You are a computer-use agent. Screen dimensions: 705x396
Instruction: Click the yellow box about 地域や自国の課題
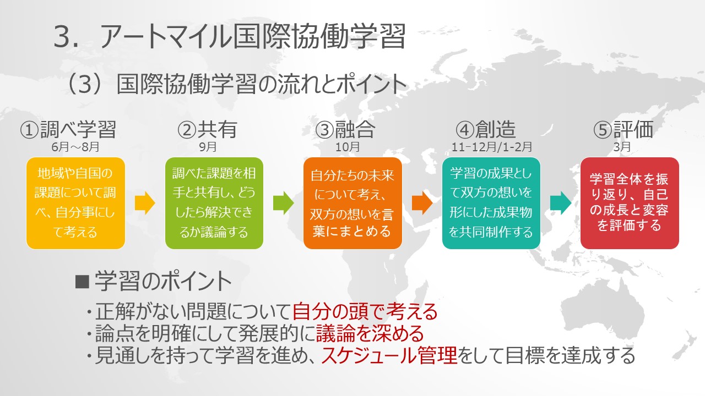(75, 203)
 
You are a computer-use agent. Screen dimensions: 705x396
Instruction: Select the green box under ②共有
(214, 203)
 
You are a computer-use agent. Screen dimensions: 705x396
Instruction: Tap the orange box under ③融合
(352, 203)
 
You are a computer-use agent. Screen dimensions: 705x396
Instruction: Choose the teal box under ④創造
(491, 203)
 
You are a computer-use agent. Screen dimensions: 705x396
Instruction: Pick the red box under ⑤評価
(630, 203)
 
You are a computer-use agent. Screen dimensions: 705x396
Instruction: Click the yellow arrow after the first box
(145, 203)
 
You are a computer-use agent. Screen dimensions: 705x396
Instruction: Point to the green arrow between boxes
(283, 203)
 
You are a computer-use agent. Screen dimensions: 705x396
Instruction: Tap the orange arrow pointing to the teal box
(422, 203)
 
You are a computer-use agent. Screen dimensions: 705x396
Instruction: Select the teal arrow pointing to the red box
(561, 203)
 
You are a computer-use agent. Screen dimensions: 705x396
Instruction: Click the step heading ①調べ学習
(68, 129)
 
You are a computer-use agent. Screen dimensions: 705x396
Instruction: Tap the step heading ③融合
(345, 129)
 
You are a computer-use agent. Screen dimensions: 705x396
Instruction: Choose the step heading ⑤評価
(623, 129)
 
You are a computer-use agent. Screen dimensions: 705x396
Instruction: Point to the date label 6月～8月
(75, 147)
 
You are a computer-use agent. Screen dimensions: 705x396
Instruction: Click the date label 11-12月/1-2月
(492, 147)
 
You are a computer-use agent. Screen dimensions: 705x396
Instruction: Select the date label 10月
(348, 147)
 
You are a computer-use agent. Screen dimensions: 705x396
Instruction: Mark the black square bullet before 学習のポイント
(83, 282)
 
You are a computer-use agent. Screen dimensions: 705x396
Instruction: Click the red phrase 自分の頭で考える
(365, 311)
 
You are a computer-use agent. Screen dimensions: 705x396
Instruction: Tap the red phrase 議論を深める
(370, 333)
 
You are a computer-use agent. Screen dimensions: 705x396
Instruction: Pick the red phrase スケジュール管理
(389, 355)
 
